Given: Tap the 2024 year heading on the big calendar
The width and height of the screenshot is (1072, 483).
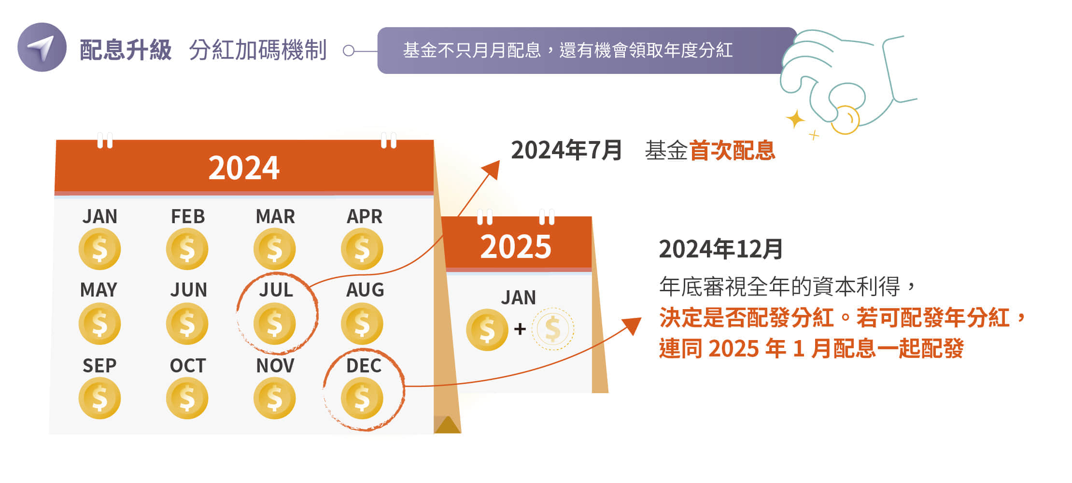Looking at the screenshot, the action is (x=244, y=168).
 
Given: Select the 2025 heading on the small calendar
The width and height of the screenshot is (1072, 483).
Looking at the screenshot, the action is (x=516, y=247).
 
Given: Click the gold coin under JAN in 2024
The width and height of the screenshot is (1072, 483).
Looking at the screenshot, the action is (x=99, y=249).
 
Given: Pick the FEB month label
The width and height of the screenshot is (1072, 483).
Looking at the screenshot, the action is (x=188, y=216).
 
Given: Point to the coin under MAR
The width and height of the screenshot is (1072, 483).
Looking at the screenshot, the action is (x=274, y=249).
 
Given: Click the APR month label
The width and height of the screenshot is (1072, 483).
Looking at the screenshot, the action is (x=365, y=216).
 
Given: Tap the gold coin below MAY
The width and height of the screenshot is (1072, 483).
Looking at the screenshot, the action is (x=99, y=324).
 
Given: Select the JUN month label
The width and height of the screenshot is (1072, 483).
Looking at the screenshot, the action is (x=188, y=290).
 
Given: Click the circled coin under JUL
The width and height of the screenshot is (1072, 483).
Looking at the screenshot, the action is (x=274, y=324).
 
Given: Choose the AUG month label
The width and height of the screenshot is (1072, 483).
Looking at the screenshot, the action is (x=365, y=290).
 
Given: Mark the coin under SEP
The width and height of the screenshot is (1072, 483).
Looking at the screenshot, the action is (x=99, y=398).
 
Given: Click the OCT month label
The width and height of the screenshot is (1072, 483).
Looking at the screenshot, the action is (x=188, y=366).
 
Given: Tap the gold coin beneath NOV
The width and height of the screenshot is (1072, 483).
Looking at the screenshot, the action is (x=274, y=398).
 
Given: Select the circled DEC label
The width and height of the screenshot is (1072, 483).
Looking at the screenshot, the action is (x=364, y=366).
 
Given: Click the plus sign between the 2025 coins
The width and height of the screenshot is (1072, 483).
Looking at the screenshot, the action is (x=520, y=329).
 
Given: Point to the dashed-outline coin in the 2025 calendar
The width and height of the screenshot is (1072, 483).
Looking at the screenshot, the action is (x=553, y=329).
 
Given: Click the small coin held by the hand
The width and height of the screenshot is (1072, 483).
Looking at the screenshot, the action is (x=846, y=120).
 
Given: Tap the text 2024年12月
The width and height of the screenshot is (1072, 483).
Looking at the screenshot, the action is (x=720, y=249).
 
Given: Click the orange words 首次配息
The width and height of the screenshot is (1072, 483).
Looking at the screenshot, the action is (x=732, y=150).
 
